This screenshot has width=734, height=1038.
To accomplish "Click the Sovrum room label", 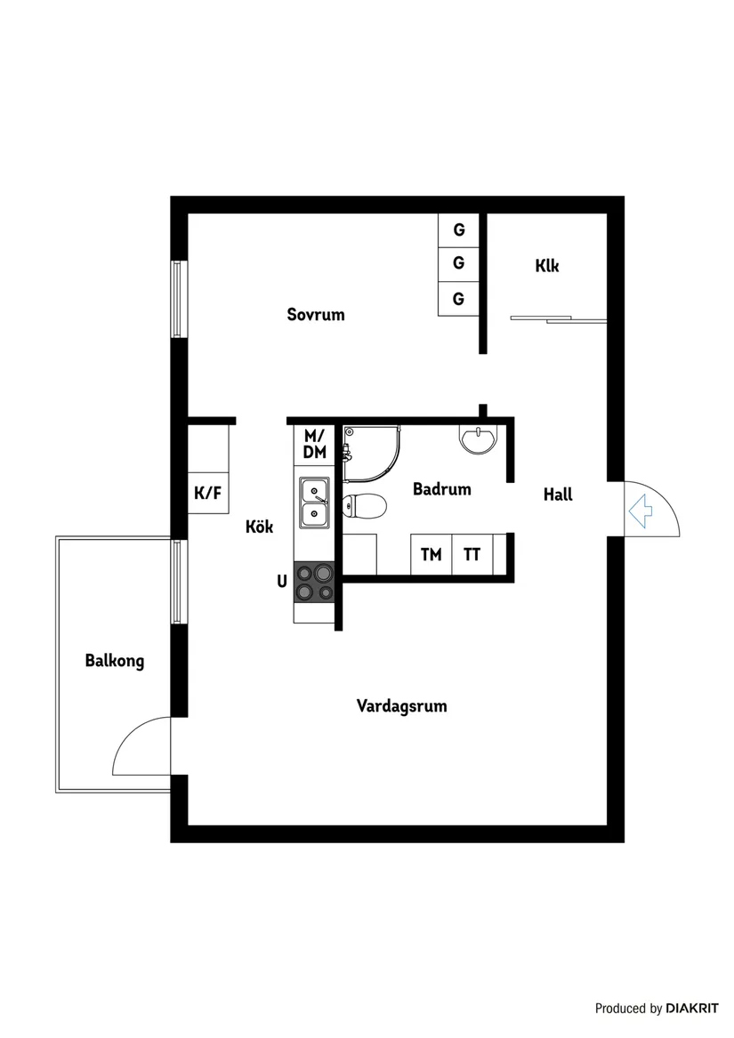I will click(315, 314).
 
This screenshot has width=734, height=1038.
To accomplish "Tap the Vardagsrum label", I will click(401, 706).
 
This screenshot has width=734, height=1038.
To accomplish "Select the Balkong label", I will click(114, 661).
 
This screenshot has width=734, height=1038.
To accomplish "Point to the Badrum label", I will click(441, 489).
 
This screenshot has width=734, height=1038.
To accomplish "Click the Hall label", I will click(558, 495).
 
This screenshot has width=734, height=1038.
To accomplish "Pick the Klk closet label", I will click(547, 265).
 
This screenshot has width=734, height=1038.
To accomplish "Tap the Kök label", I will click(259, 527).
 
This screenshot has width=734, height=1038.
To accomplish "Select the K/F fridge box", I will click(207, 493).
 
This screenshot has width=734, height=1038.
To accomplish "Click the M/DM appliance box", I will click(314, 444).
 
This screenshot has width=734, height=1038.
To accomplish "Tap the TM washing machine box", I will click(431, 555).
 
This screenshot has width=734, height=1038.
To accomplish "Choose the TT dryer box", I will click(472, 555).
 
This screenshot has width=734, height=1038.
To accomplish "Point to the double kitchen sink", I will click(313, 502).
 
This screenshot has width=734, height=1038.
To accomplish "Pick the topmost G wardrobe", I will click(458, 229).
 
